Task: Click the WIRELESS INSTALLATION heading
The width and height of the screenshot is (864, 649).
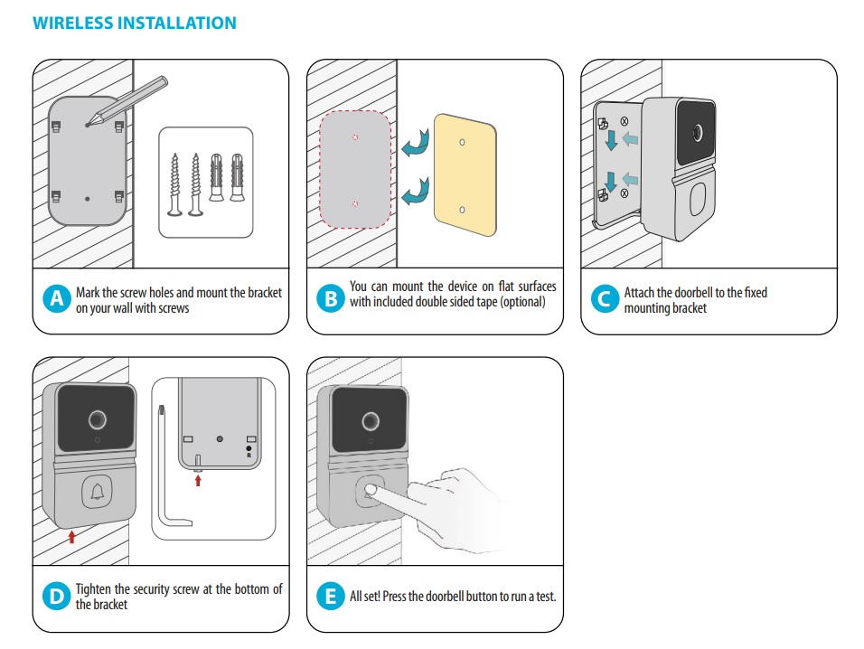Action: coord(134,23)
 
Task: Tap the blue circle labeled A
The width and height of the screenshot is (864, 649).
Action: coord(57,300)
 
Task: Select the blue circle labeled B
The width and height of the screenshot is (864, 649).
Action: coord(331,300)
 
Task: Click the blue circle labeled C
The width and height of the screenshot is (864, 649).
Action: coord(605,300)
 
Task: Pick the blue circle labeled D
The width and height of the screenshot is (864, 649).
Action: coord(57,596)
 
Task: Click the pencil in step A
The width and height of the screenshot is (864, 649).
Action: coord(131,99)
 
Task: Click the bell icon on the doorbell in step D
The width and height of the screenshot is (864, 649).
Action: coord(97,492)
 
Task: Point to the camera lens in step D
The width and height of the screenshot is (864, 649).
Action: coord(97,421)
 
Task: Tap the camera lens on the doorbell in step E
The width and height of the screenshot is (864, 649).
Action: coord(370,421)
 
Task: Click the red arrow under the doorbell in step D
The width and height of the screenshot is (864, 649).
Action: coord(72,537)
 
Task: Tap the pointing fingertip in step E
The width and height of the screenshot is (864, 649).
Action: coord(372,491)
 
